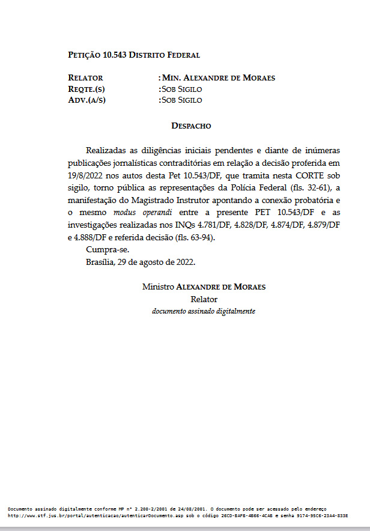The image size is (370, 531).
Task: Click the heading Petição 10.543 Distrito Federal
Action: pos(134,55)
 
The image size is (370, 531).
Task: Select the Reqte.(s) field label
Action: pos(88,89)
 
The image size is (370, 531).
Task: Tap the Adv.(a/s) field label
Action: pos(87,100)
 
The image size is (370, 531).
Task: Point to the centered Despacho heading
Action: pos(191,126)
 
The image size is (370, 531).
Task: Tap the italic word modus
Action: pos(126,213)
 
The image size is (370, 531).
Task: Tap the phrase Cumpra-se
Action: pos(108,249)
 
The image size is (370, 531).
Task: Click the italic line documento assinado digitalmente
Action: pos(203,311)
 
